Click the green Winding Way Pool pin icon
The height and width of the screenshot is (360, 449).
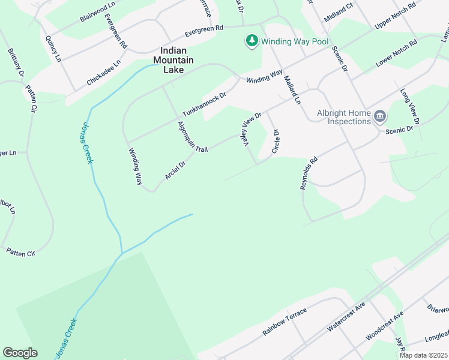(x=252, y=41)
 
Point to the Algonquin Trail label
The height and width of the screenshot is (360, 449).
(x=192, y=137)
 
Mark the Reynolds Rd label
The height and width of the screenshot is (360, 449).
(x=308, y=174)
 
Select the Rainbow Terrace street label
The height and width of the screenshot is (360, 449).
(x=285, y=322)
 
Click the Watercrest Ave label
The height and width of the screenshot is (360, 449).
(x=346, y=317)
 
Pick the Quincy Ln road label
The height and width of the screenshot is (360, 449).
(x=53, y=49)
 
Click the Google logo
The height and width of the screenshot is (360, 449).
(x=20, y=353)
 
